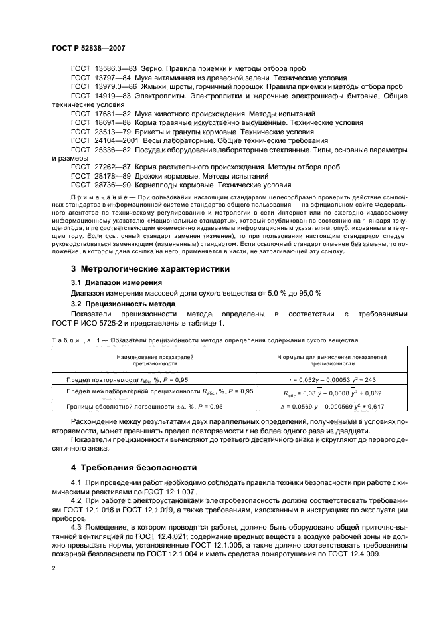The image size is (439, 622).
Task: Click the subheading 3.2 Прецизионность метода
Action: tap(122, 304)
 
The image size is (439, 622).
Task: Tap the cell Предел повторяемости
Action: tap(110, 379)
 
